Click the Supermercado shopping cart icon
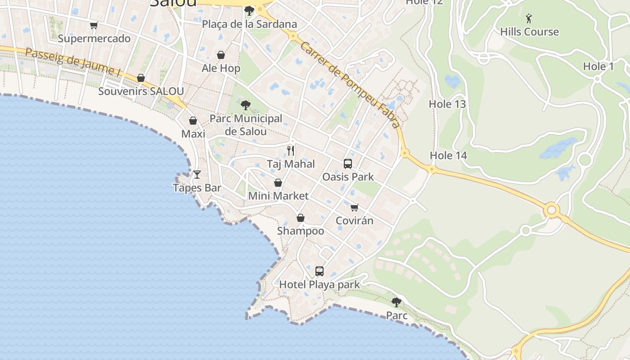point(94,26)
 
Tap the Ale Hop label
point(221,68)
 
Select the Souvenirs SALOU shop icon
point(141,78)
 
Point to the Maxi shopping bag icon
point(193,121)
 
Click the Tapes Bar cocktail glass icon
point(197,174)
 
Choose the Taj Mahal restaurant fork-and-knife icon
point(291,150)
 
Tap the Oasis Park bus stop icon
point(348,164)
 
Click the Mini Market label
point(279,196)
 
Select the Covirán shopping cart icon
point(355,207)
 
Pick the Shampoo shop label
point(301,231)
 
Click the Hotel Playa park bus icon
point(319,271)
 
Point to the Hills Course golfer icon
point(529,18)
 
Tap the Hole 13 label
point(447,104)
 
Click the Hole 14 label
point(448,156)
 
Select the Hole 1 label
point(598,67)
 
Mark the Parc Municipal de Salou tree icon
point(246,105)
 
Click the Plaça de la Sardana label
point(249,24)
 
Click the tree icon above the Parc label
point(396,302)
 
